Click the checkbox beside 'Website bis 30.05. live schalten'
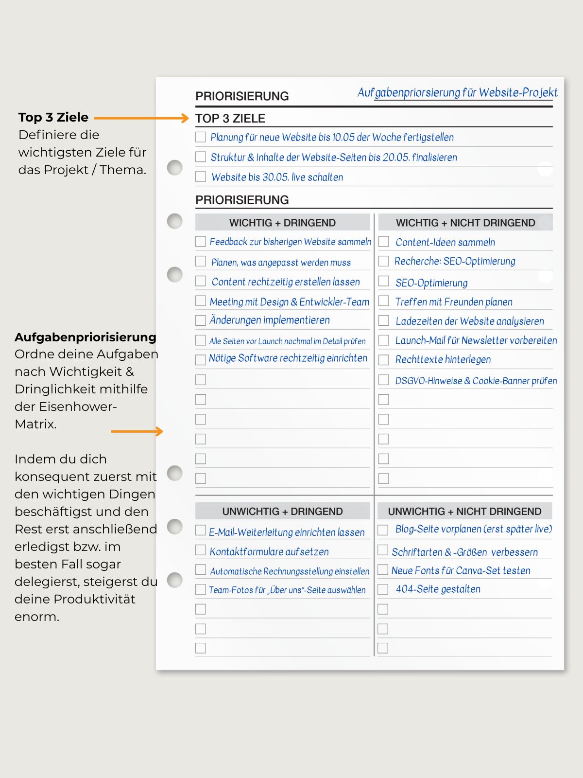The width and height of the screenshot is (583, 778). coord(201,177)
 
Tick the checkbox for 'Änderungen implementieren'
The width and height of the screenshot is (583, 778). coord(201,320)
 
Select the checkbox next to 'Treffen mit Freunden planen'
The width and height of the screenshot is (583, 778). coord(384,301)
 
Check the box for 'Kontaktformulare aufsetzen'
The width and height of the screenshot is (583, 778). coord(201,550)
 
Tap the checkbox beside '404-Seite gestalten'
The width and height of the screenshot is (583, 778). coord(383,589)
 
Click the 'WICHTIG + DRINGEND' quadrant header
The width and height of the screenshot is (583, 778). coord(282,223)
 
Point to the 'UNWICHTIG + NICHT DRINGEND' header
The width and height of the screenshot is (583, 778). coord(464,512)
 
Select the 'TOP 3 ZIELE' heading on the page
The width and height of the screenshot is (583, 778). coord(230,119)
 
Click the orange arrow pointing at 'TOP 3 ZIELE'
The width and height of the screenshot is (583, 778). coord(141,118)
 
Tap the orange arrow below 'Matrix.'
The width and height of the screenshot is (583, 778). coord(137,431)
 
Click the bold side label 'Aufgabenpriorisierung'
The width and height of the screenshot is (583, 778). coord(86,337)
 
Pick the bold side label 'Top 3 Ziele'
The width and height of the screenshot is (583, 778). coord(53,117)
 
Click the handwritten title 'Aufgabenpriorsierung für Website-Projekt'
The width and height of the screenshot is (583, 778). coord(457,92)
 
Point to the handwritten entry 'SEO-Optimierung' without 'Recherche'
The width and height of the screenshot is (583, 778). coord(431,283)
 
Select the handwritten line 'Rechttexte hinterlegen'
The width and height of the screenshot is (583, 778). coord(443,359)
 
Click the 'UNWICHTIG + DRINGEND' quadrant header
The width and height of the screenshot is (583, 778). coord(282,512)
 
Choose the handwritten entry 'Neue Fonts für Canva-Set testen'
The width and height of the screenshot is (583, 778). coord(461,570)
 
